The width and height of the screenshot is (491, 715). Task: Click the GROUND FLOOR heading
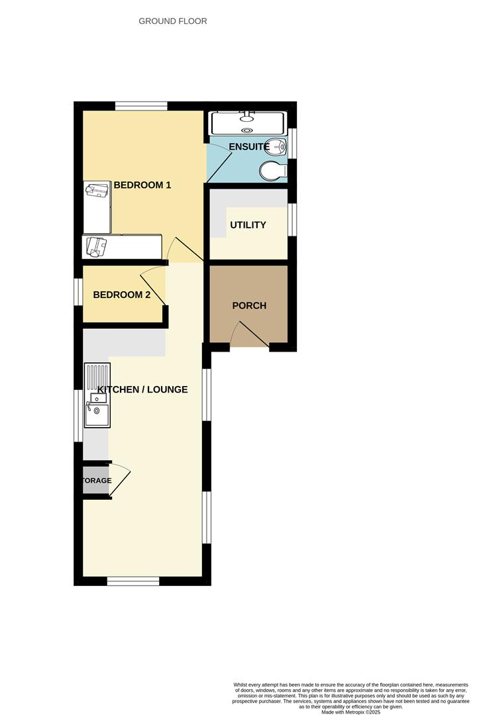(x=172, y=21)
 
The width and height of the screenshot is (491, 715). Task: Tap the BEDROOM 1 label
(x=142, y=185)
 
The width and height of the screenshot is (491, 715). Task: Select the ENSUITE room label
(x=248, y=146)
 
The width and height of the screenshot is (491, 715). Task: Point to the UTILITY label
(x=248, y=225)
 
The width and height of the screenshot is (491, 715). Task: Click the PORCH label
(x=249, y=306)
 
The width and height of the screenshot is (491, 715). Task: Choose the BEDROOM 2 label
(x=122, y=295)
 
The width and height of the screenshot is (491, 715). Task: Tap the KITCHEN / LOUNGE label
(x=142, y=389)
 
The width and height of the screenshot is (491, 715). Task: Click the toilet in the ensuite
(x=273, y=171)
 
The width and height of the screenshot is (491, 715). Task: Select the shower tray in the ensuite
(x=246, y=122)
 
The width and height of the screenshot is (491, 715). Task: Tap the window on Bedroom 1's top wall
(x=140, y=105)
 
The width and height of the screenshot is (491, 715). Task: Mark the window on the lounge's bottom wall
(x=133, y=581)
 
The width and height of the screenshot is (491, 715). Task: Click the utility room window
(x=292, y=219)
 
